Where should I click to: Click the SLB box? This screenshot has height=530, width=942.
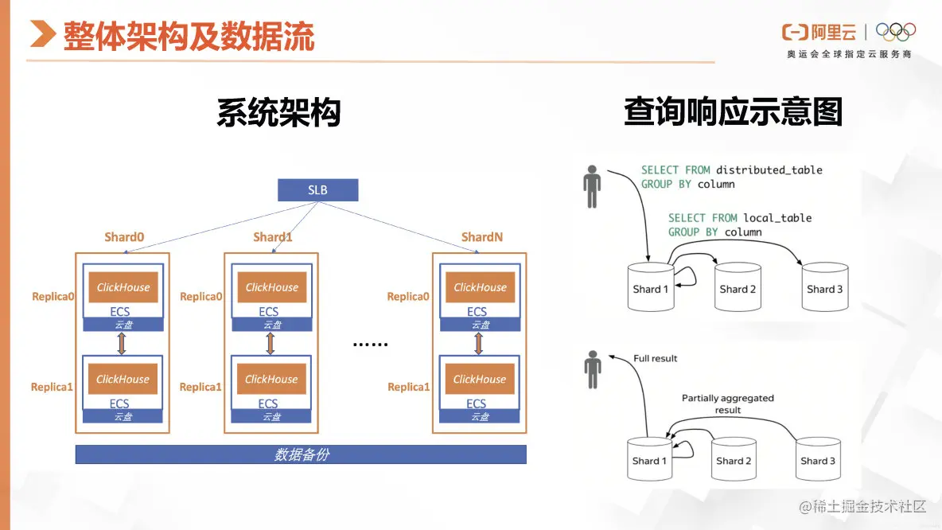(318, 190)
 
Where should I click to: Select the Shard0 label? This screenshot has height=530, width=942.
(124, 237)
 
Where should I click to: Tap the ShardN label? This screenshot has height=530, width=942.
(482, 237)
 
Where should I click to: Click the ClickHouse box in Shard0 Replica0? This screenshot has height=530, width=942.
(123, 287)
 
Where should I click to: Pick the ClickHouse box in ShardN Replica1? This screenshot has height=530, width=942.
(480, 379)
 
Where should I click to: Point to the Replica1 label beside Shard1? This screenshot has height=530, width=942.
(200, 387)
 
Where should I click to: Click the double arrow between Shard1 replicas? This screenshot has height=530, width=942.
(271, 344)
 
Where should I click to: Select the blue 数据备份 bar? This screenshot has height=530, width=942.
(301, 454)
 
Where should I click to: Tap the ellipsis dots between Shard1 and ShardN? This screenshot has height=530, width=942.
(370, 345)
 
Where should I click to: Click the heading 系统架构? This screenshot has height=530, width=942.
(278, 113)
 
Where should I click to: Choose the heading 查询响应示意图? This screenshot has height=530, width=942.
(733, 112)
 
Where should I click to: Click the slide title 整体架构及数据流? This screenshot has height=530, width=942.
(189, 37)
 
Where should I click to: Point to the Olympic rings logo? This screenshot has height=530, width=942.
(896, 32)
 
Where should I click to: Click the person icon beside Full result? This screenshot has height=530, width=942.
(593, 372)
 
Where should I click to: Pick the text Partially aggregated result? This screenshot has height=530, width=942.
(727, 403)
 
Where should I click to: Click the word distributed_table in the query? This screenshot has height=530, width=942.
(769, 170)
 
